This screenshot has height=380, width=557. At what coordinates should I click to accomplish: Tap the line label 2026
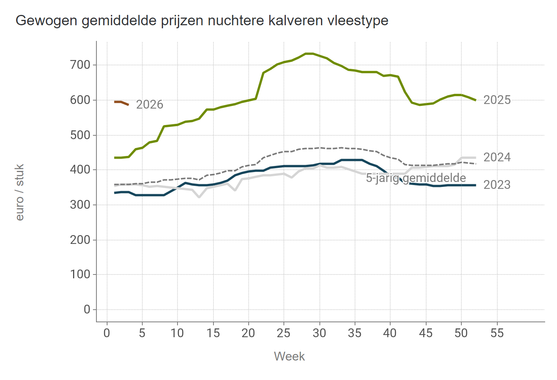(150, 104)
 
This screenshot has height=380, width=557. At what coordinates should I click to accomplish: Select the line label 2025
(497, 100)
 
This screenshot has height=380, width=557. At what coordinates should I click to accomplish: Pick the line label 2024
(497, 157)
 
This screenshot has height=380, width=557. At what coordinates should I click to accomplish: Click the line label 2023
(497, 185)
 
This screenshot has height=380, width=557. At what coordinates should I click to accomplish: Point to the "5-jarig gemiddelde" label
(416, 178)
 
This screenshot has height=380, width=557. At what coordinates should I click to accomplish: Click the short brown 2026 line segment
(121, 102)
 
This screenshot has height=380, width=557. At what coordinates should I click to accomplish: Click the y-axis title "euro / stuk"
(20, 192)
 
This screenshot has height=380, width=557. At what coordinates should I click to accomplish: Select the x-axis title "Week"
(289, 356)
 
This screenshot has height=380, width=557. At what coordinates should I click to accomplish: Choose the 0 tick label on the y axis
(87, 309)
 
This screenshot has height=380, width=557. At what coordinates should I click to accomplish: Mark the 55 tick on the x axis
(497, 333)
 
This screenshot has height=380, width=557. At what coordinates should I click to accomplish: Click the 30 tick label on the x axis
(319, 333)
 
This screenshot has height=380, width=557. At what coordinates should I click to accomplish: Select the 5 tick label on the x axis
(142, 333)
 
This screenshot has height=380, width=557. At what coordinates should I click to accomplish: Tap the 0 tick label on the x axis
(107, 333)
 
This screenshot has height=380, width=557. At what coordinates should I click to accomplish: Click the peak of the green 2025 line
(309, 54)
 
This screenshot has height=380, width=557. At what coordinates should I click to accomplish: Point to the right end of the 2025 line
(475, 100)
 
